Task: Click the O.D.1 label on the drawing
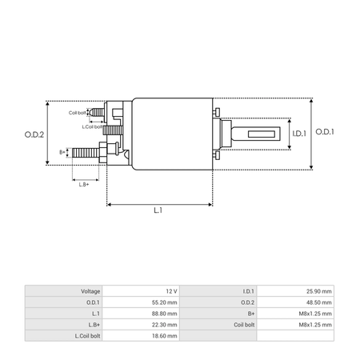325,132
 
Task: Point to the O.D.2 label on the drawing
34,134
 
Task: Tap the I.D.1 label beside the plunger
299,134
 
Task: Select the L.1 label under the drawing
158,210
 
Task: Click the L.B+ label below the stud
84,185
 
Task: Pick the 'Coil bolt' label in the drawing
77,113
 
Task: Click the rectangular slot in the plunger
262,134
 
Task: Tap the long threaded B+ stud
86,153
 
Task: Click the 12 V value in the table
171,291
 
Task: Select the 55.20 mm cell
165,302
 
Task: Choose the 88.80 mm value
165,314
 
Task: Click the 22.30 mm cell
165,325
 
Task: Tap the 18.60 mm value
165,336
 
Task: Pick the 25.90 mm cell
319,291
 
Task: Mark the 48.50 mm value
319,302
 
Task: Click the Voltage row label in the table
90,291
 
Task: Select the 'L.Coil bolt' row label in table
87,336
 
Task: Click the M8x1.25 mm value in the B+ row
315,314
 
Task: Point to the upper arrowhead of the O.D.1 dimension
311,100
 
